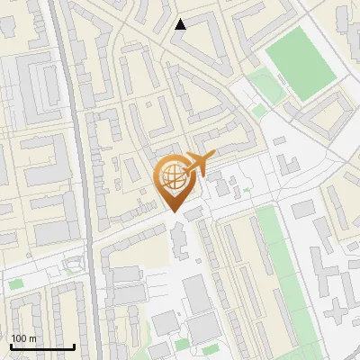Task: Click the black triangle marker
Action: [180, 24]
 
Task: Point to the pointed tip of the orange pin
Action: [175, 212]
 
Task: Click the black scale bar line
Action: [42, 346]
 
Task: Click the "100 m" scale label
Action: [23, 338]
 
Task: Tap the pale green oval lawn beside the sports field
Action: [265, 86]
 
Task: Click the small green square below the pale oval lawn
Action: [259, 111]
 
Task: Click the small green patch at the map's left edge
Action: [16, 284]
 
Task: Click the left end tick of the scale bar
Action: [11, 345]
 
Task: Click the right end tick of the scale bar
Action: [75, 345]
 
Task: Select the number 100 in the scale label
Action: [19, 338]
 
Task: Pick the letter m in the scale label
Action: [32, 338]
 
